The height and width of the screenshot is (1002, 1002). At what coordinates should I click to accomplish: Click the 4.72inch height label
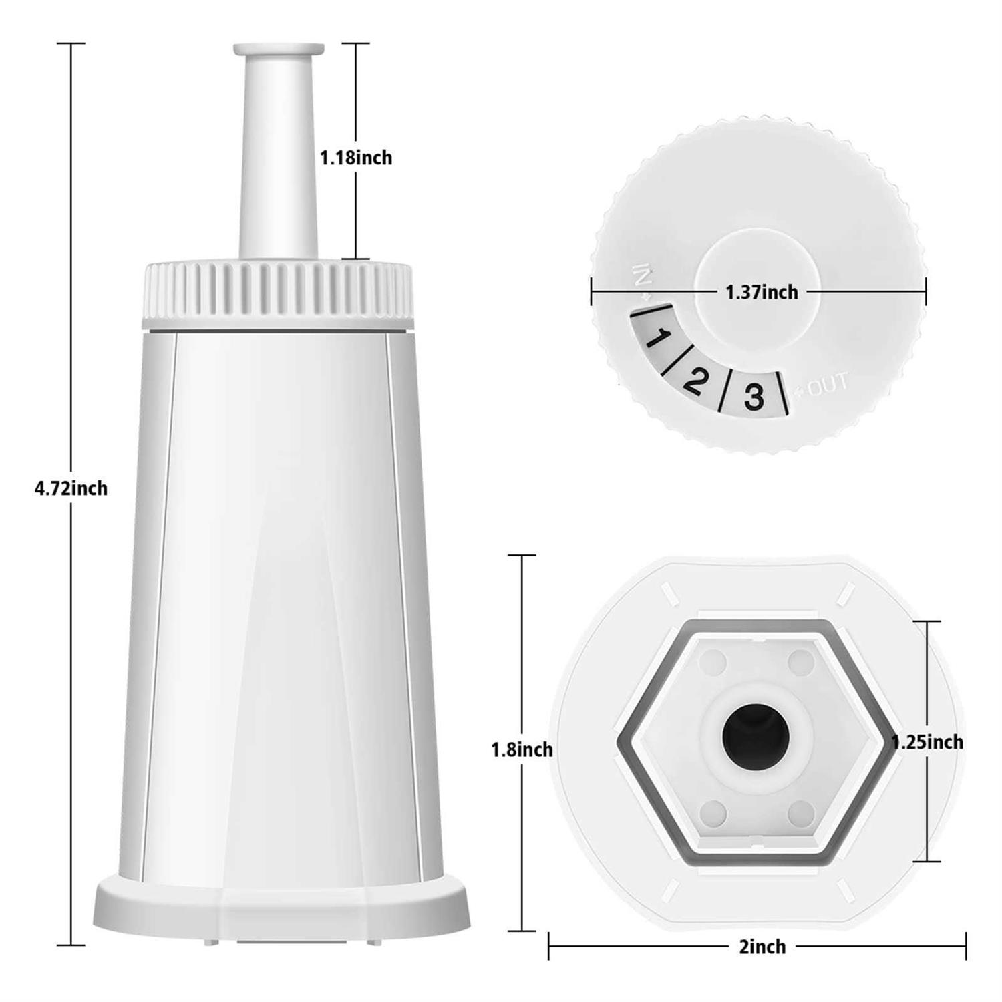click(x=71, y=488)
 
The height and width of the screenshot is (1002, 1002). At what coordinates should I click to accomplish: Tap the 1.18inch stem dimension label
click(x=355, y=158)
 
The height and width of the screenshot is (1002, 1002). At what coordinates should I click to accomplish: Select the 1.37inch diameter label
click(x=762, y=292)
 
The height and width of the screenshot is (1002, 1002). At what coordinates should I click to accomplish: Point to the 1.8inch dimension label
click(x=522, y=750)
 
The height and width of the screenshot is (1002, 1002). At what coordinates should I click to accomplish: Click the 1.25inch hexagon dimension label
click(x=927, y=742)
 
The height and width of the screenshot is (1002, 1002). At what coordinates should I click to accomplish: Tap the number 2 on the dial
click(x=695, y=380)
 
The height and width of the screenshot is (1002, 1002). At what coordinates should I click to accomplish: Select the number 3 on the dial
click(x=753, y=397)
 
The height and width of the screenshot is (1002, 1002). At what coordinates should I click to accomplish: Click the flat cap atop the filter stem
click(x=279, y=49)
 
